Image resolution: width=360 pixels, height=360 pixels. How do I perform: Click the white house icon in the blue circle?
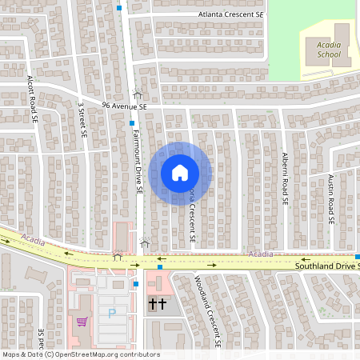(179, 172)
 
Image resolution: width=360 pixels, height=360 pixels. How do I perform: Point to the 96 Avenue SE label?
(125, 106)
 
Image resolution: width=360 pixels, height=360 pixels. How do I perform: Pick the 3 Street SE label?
(82, 118)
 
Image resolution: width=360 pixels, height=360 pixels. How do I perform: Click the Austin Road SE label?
(330, 200)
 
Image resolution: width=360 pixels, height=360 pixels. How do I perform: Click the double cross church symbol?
(157, 304)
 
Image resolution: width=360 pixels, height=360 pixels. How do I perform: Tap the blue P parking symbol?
(112, 314)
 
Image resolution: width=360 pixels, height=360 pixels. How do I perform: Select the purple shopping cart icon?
(82, 322)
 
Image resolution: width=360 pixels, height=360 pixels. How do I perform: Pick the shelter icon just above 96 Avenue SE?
(138, 94)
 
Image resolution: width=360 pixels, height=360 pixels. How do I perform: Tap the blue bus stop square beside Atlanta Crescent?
(119, 8)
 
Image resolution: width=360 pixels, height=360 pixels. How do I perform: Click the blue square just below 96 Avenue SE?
(132, 123)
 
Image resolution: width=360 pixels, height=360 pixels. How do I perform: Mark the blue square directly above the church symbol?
(159, 268)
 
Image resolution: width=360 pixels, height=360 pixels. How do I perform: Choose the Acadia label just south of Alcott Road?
(33, 239)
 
